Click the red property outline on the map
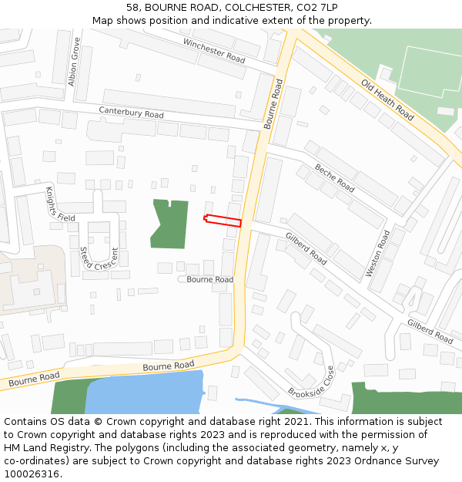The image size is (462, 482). [223, 221]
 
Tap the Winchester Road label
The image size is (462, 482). [213, 50]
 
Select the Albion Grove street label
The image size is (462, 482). [74, 61]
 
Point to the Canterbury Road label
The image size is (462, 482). [131, 113]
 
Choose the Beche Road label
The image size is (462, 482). [334, 177]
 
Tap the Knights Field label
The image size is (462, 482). [60, 204]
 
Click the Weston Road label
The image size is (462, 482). [378, 253]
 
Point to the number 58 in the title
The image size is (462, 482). [132, 7]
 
